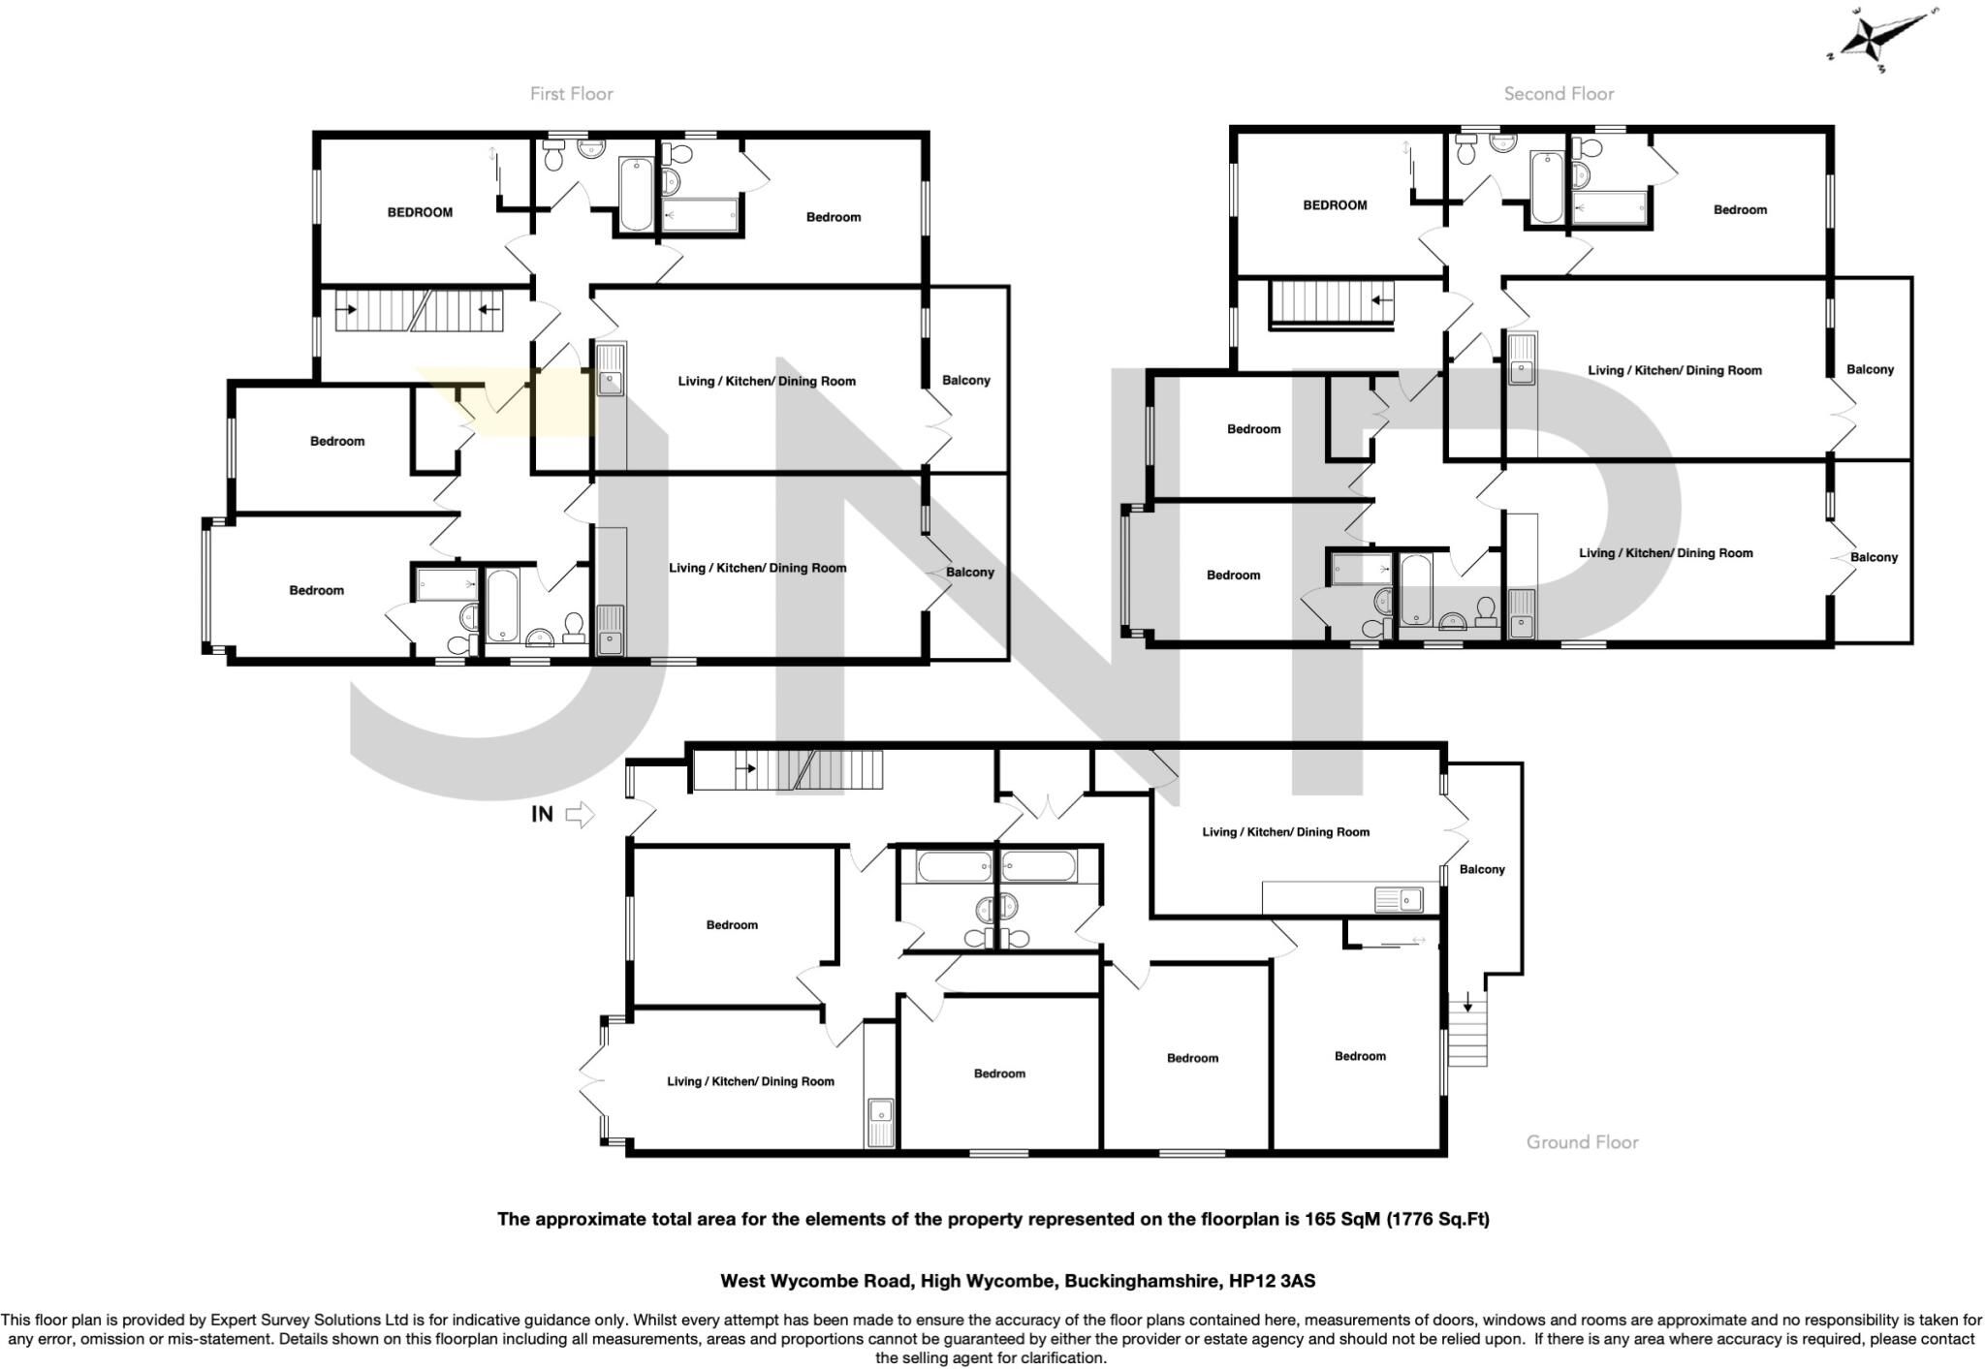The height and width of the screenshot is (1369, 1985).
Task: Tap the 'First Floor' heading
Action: pos(572,94)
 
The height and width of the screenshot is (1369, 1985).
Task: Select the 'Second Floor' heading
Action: pos(1559,94)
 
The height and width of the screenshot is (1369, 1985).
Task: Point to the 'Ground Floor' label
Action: pos(1582,1142)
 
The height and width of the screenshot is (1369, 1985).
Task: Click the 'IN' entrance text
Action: pos(542,815)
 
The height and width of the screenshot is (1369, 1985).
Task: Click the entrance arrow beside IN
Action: pos(579,815)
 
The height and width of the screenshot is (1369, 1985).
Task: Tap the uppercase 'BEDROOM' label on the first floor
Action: pos(420,212)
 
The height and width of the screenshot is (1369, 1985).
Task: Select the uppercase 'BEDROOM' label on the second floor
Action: pos(1335,205)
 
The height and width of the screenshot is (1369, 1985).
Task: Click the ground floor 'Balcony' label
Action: pos(1482,869)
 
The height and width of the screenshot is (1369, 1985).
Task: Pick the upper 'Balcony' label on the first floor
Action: pos(966,380)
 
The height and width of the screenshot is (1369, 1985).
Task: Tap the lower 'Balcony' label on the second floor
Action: pos(1874,557)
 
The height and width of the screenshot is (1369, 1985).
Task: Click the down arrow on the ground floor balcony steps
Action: pos(1467,1001)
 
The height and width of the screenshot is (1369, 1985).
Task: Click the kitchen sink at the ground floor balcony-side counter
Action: pos(1399,900)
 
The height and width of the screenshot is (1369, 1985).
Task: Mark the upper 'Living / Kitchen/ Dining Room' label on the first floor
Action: pos(767,381)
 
